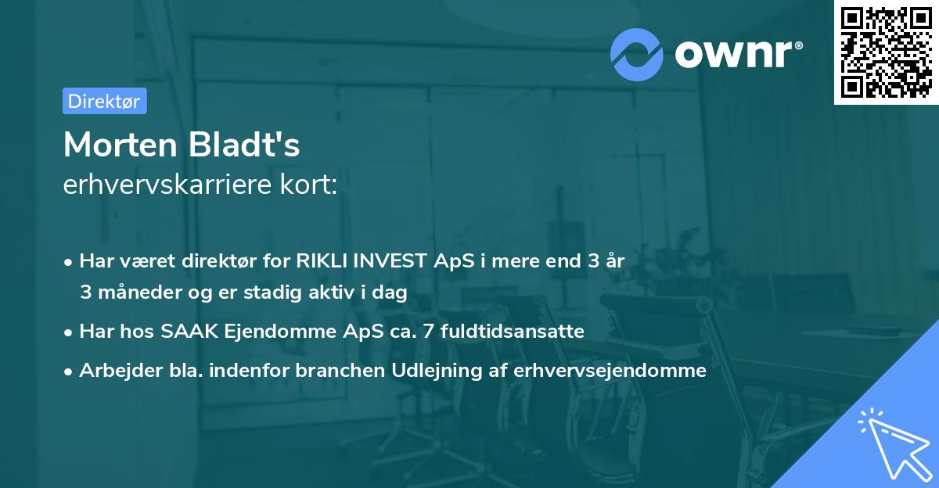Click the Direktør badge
click(x=104, y=101)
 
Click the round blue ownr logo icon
click(x=637, y=54)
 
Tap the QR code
click(x=886, y=52)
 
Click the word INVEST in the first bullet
click(x=387, y=261)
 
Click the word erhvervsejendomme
click(x=610, y=371)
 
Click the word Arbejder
click(x=113, y=371)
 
